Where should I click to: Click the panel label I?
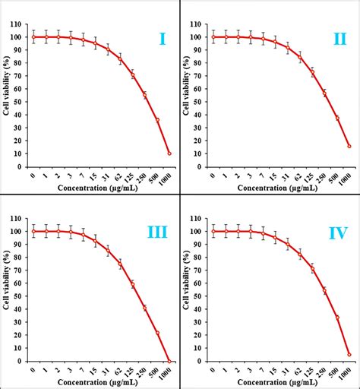coord(162,37)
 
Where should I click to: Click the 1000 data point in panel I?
coord(169,153)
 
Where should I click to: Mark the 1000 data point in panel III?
coord(169,361)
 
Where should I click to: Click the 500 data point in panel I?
coord(157,120)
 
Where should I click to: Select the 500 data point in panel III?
coord(157,333)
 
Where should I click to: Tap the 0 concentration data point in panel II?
coord(213,36)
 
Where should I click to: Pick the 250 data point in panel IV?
coord(324,291)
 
